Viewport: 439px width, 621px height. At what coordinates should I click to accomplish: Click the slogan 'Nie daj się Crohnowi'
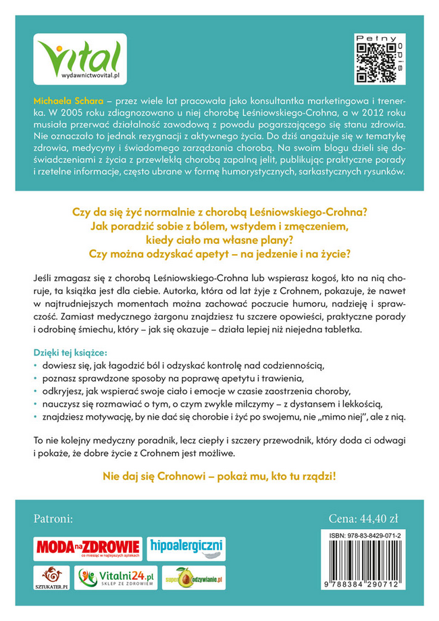point(219,476)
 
